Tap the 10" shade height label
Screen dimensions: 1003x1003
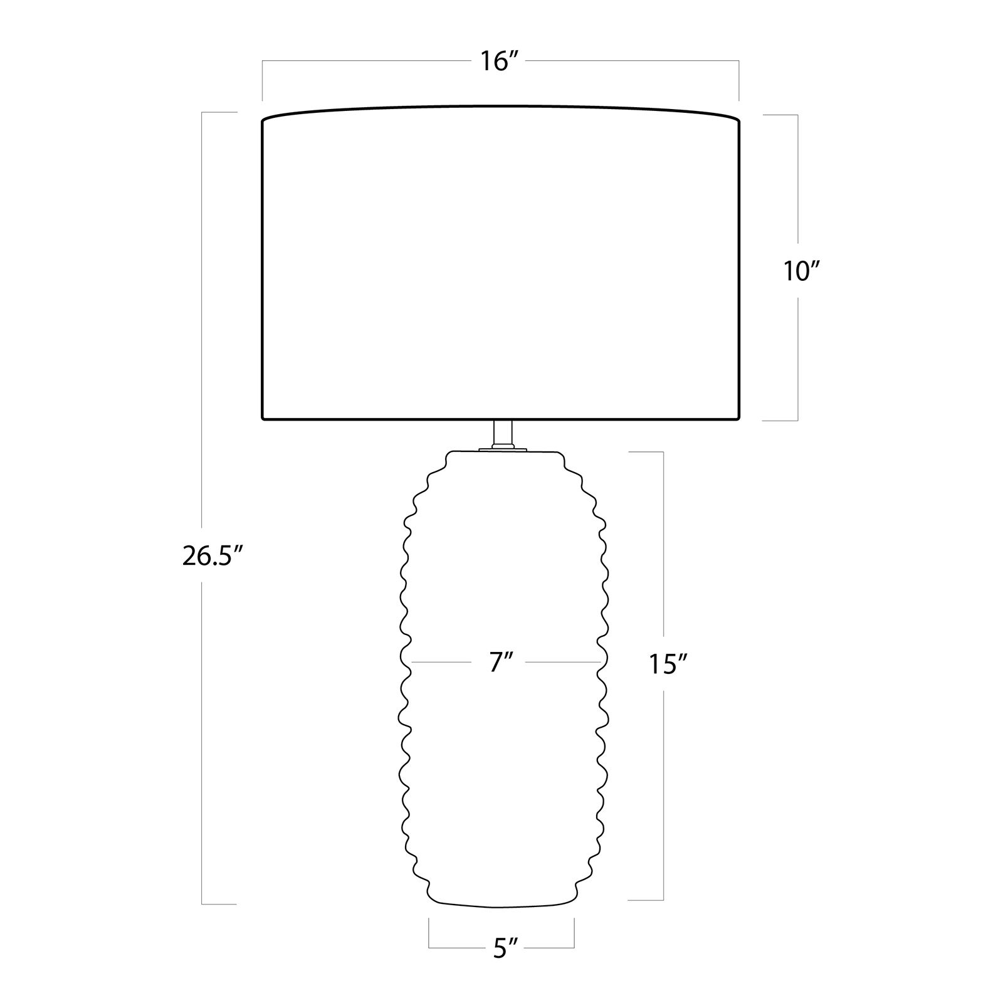pos(802,271)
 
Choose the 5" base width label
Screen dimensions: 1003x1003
pos(501,949)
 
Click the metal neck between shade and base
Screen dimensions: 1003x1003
pos(502,433)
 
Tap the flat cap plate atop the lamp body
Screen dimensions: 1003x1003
pos(502,449)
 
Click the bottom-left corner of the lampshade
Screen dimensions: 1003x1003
pos(262,419)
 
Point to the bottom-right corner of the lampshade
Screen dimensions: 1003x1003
pos(740,419)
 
